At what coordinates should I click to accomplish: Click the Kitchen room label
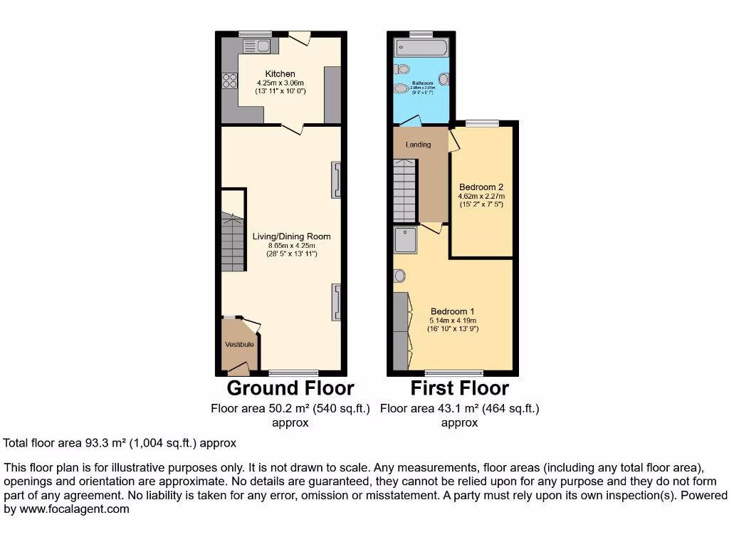coord(280,74)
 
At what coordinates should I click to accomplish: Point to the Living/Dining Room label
coord(291,236)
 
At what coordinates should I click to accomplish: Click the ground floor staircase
coord(233,242)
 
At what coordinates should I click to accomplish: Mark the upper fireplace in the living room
coord(335,179)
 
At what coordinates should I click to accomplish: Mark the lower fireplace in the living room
coord(335,301)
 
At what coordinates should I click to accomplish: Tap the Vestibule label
coord(239,345)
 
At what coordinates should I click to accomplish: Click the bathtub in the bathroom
coord(422,48)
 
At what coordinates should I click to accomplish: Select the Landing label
coord(418,145)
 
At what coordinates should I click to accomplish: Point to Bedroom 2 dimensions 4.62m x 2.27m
coord(481,197)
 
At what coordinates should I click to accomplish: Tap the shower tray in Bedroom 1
coord(406,241)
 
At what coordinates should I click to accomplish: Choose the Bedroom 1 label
coord(452,311)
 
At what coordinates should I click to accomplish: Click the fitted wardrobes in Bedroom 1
coord(401,330)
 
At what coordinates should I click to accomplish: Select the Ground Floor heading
coord(290,388)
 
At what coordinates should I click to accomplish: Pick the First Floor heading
coord(459,388)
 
